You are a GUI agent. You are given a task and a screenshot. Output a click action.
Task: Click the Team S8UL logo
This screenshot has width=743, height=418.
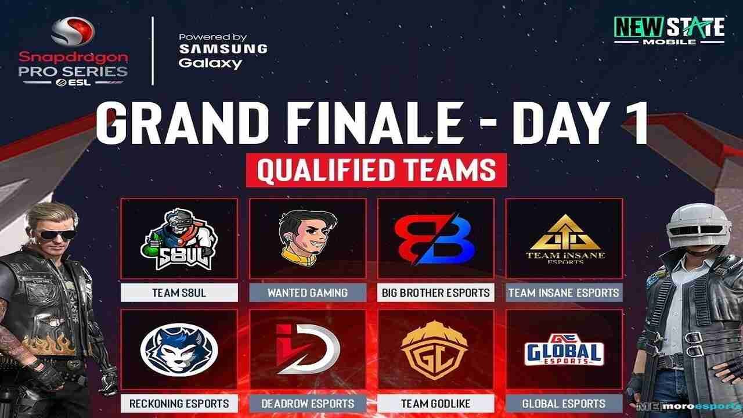pyautogui.click(x=179, y=239)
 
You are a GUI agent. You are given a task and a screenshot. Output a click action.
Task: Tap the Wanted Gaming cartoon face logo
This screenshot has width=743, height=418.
pyautogui.click(x=308, y=238)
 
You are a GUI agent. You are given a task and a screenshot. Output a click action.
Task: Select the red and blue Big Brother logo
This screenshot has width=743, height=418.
pyautogui.click(x=435, y=239)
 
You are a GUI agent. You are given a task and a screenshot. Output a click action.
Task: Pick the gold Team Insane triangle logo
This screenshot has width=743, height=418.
pyautogui.click(x=565, y=239)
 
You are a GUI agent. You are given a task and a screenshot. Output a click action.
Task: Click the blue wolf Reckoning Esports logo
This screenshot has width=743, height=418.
pyautogui.click(x=179, y=349)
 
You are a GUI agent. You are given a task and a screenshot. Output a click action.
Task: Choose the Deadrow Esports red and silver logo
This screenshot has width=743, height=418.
pyautogui.click(x=308, y=349)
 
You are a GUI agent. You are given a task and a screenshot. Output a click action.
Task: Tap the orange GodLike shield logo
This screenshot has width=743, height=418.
pyautogui.click(x=435, y=350)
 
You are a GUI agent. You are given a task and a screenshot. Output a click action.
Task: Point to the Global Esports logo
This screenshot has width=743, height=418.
pyautogui.click(x=564, y=349)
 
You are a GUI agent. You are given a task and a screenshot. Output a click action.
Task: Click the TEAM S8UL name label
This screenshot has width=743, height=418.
pyautogui.click(x=179, y=293)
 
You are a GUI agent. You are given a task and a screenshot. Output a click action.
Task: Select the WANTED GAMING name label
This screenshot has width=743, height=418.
pyautogui.click(x=308, y=293)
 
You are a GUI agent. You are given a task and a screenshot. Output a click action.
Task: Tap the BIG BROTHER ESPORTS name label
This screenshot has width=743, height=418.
pyautogui.click(x=435, y=293)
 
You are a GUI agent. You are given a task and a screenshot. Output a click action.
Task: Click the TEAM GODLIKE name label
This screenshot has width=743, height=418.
pyautogui.click(x=435, y=403)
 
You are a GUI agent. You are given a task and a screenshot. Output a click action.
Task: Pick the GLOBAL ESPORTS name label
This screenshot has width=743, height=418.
pyautogui.click(x=564, y=403)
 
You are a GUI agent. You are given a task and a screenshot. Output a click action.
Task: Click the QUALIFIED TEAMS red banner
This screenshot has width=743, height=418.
pyautogui.click(x=377, y=170)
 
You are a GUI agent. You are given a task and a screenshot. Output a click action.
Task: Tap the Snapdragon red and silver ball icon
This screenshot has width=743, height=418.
pyautogui.click(x=73, y=31)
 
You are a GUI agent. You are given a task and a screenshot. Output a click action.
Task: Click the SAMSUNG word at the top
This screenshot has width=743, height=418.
pyautogui.click(x=223, y=49)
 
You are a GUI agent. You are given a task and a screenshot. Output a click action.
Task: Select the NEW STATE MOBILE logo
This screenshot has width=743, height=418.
pyautogui.click(x=669, y=31)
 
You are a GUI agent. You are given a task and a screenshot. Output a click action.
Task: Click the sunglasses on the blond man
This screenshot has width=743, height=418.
pyautogui.click(x=57, y=235)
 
